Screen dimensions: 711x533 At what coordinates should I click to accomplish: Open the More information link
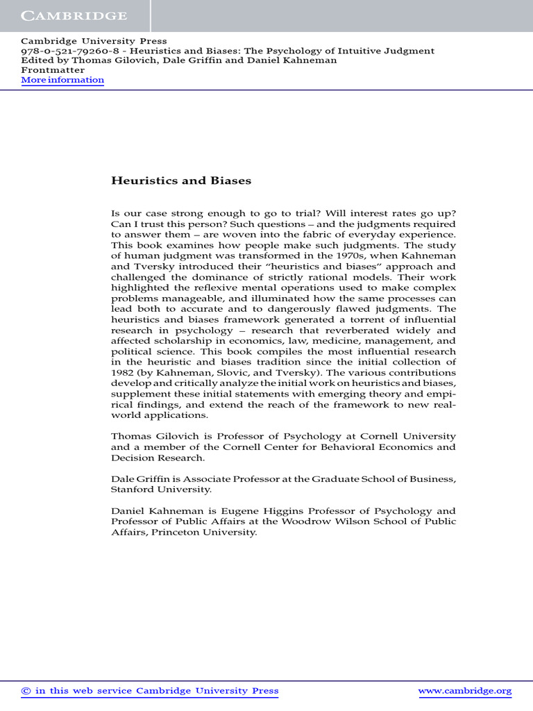coord(62,80)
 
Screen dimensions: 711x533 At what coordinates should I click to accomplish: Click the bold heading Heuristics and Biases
coord(181,181)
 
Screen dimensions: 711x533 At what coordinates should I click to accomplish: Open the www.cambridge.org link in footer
coord(466,691)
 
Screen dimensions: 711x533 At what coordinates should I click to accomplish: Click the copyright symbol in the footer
coord(26,691)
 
